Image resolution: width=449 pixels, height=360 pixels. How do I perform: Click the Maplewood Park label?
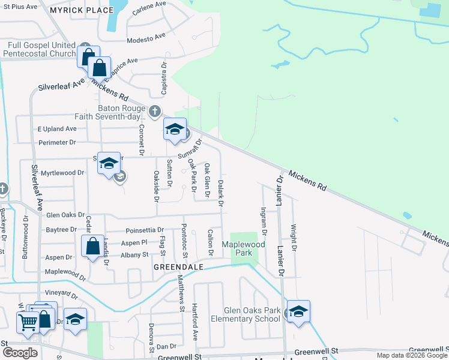pyautogui.click(x=243, y=248)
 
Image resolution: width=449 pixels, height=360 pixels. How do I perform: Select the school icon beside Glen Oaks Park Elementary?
pyautogui.click(x=298, y=311)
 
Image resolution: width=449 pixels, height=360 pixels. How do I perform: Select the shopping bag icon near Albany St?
pyautogui.click(x=92, y=246)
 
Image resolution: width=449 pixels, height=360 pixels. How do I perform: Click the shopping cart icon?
pyautogui.click(x=27, y=323)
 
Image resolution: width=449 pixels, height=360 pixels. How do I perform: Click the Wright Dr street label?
pyautogui.click(x=294, y=237)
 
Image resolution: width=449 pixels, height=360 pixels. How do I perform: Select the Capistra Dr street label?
pyautogui.click(x=163, y=78)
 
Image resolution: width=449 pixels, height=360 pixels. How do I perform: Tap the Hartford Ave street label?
pyautogui.click(x=194, y=325)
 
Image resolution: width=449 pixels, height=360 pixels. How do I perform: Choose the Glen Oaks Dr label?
pyautogui.click(x=65, y=215)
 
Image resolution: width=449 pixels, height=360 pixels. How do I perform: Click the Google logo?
pyautogui.click(x=20, y=353)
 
